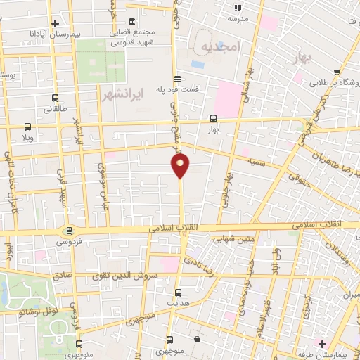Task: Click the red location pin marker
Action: (180, 165)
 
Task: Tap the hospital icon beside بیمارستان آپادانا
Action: (55, 23)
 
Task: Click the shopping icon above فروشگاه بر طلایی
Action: (338, 72)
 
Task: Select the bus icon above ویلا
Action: (27, 127)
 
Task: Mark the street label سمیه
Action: (255, 162)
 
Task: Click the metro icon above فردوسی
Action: (69, 230)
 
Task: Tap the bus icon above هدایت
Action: (177, 292)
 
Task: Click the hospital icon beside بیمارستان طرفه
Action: (323, 344)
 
